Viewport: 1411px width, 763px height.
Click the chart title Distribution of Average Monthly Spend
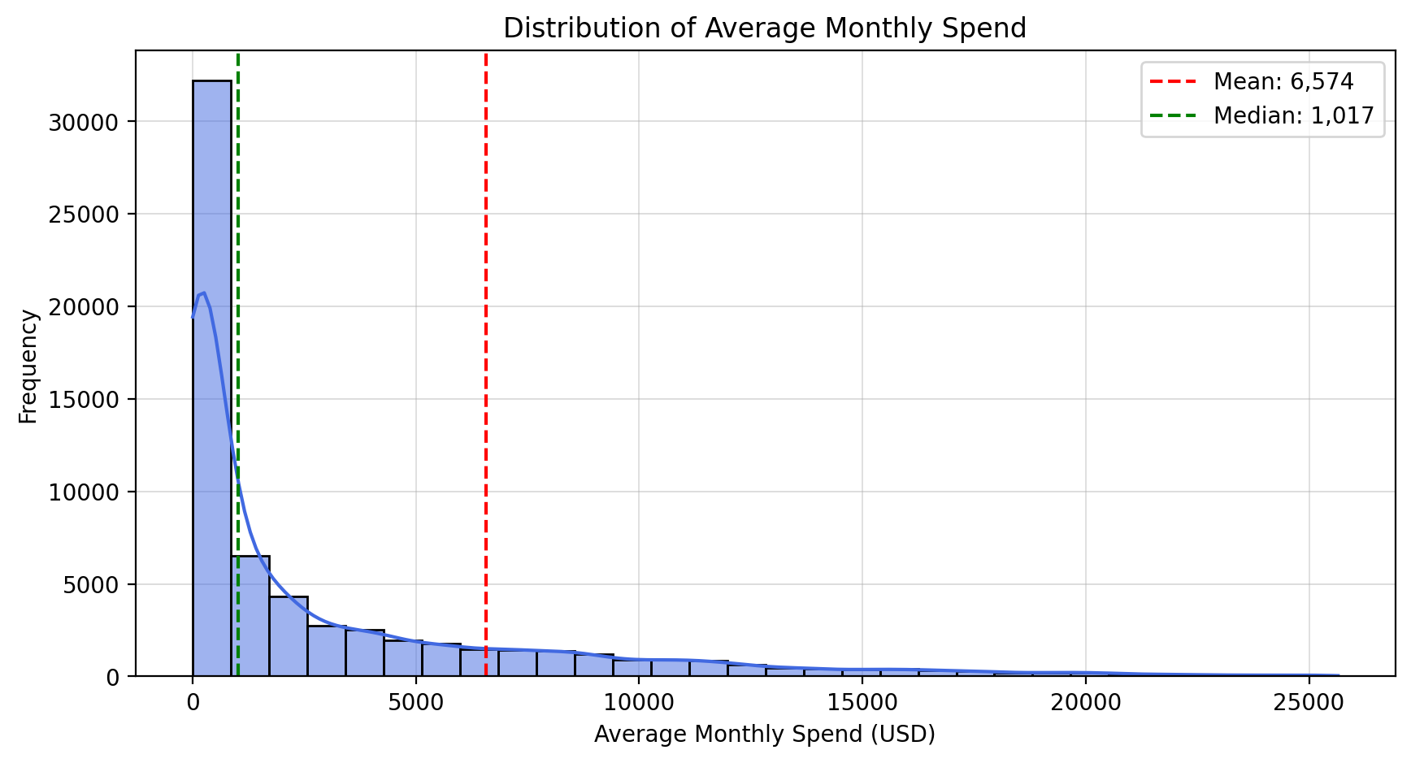coord(764,28)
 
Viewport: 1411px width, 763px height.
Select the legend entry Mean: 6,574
coord(1283,81)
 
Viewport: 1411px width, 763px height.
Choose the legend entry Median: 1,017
coord(1292,115)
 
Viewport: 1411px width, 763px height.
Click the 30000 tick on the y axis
coord(84,122)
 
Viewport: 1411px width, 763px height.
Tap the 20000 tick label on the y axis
coord(84,307)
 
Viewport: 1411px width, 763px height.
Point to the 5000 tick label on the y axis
coord(89,584)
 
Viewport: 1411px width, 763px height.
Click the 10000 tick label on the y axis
coord(84,492)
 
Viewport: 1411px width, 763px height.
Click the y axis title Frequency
coord(28,366)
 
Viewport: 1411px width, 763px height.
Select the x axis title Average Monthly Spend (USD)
coord(764,735)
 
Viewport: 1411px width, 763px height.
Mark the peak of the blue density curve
coord(203,293)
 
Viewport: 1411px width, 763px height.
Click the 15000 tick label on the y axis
coord(84,400)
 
